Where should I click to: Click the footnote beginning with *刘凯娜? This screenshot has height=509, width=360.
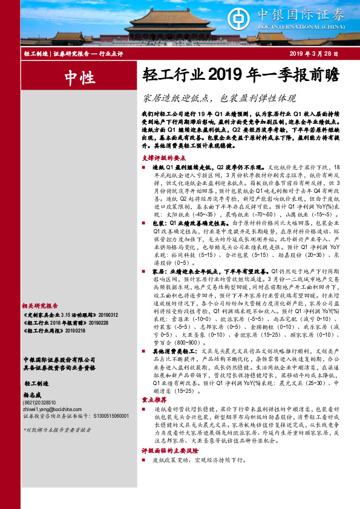(x=48, y=430)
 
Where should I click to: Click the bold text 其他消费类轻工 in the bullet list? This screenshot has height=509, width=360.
(x=174, y=350)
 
